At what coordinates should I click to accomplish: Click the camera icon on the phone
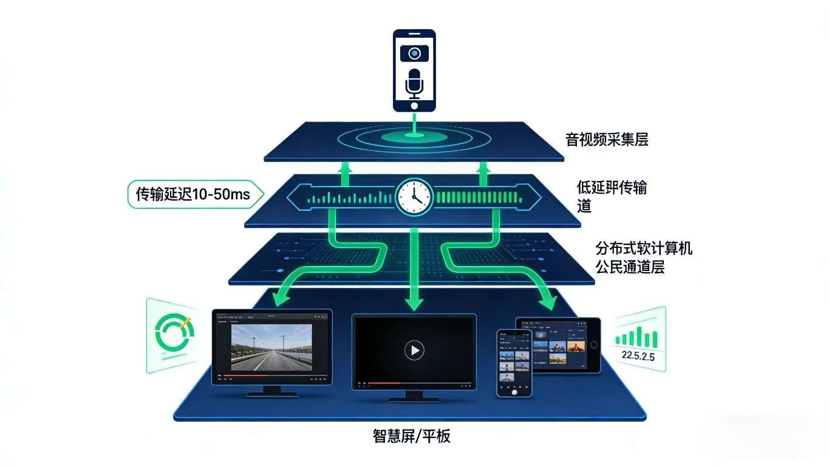click(414, 53)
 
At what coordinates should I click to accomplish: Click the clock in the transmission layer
click(414, 196)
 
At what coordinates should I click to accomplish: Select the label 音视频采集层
click(607, 140)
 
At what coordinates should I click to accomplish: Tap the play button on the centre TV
click(414, 350)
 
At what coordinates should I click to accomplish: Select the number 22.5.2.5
click(635, 357)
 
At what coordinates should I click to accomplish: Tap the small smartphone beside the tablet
click(514, 363)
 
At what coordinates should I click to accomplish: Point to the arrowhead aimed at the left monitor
click(280, 297)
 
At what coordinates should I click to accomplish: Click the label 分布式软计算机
click(644, 248)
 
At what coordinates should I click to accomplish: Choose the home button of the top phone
click(414, 105)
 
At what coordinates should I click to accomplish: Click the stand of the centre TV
click(414, 396)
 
